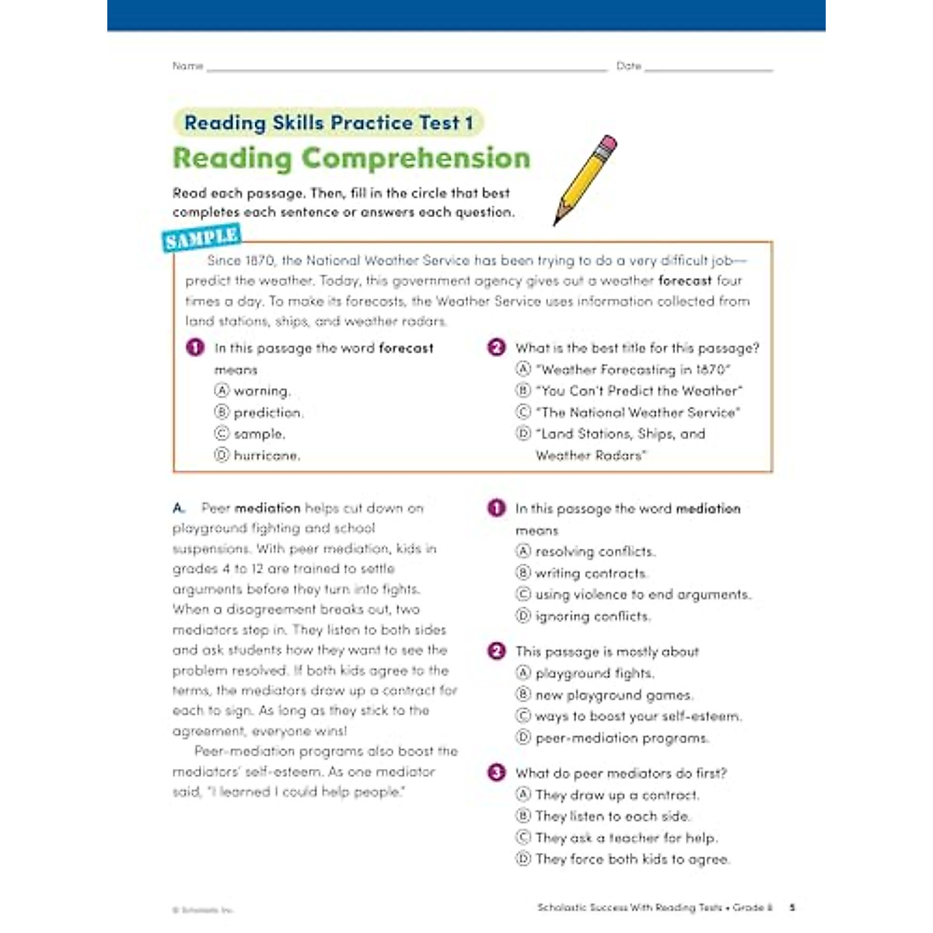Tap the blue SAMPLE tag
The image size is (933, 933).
click(x=201, y=239)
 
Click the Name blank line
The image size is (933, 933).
click(x=406, y=70)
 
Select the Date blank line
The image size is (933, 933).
click(x=708, y=70)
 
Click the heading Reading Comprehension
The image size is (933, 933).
click(x=351, y=158)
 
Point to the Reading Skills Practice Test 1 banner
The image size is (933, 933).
click(x=328, y=123)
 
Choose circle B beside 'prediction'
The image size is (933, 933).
click(x=222, y=412)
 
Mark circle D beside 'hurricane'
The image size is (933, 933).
click(x=222, y=455)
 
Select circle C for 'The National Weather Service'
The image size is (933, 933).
click(x=523, y=412)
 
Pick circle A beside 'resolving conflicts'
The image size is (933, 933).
click(x=523, y=551)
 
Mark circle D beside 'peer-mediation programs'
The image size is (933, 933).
click(x=523, y=738)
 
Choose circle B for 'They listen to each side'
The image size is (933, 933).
click(x=523, y=816)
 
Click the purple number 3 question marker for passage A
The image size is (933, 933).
click(x=496, y=772)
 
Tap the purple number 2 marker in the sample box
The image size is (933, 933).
click(x=496, y=348)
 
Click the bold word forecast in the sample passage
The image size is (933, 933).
click(x=684, y=281)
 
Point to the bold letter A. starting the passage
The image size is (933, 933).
click(x=179, y=508)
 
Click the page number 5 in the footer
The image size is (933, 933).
click(x=792, y=907)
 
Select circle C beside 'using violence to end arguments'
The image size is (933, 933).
click(x=523, y=594)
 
